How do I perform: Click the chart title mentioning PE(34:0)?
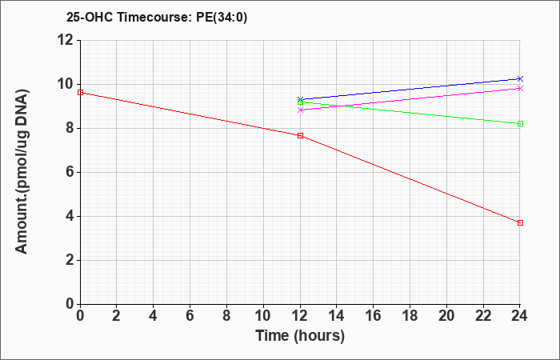point(157,18)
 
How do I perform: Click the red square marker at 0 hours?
point(80,93)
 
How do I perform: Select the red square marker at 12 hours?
point(300,136)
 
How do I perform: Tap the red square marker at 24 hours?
point(520,223)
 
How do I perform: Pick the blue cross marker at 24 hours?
point(520,78)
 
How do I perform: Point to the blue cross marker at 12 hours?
point(300,99)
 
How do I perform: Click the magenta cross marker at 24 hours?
point(520,88)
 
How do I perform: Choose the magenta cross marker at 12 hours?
point(300,110)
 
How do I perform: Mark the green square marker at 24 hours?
point(520,123)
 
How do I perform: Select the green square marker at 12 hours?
point(300,102)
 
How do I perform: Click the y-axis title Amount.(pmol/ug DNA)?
point(22,172)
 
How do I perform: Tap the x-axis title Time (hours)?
point(300,336)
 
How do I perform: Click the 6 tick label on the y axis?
point(70,173)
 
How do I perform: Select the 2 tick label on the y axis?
point(70,260)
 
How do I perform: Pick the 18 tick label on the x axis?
point(410,316)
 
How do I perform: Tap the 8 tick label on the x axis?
point(226,316)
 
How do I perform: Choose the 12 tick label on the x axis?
point(300,316)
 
